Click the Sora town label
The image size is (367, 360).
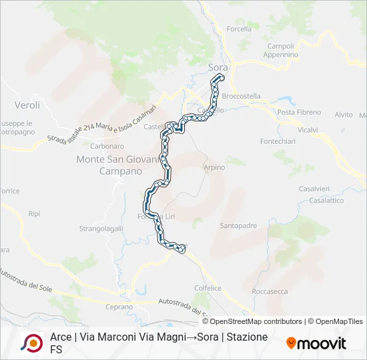tap(218, 67)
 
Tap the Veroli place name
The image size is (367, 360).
tap(27, 105)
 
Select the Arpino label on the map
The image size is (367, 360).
tap(214, 167)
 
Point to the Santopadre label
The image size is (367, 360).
tap(238, 225)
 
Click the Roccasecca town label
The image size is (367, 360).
tap(270, 291)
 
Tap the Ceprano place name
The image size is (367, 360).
tap(120, 307)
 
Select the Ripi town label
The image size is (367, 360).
tap(35, 214)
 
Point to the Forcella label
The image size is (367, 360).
tap(239, 29)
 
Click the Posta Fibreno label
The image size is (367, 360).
tap(299, 112)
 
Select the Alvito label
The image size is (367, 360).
tap(344, 115)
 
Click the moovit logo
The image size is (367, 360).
tap(316, 343)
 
